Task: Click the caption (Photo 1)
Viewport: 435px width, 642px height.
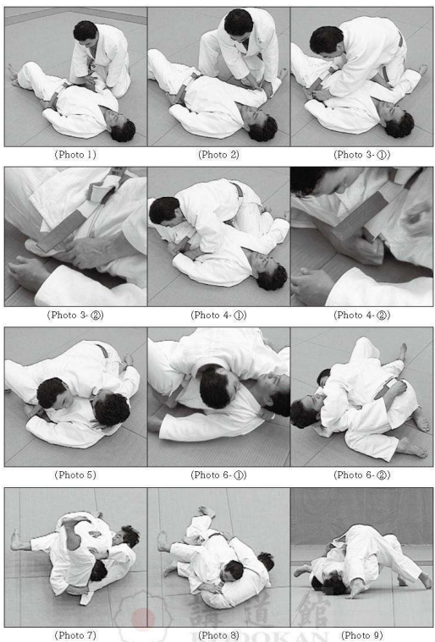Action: click(x=75, y=155)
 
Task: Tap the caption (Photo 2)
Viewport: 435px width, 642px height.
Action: click(x=218, y=155)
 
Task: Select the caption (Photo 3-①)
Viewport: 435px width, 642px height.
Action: click(x=361, y=155)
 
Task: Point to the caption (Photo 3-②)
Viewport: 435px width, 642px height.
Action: click(x=75, y=316)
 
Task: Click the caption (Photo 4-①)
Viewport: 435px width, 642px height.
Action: click(x=218, y=316)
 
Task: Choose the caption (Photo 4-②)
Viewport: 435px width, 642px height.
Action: click(x=361, y=316)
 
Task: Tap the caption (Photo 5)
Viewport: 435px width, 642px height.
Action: click(x=75, y=475)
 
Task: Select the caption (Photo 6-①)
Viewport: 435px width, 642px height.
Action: click(x=218, y=475)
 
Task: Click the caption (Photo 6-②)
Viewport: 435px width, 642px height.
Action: click(x=361, y=475)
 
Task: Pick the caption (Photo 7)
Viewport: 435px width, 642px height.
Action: click(x=75, y=635)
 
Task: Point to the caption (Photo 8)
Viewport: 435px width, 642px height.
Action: click(x=218, y=635)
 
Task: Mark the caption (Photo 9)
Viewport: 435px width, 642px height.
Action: click(x=361, y=635)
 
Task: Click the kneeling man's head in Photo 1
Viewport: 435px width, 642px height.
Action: click(x=85, y=31)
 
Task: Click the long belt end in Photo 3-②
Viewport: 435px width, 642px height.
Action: click(x=61, y=230)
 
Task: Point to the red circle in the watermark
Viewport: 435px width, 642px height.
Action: click(x=143, y=618)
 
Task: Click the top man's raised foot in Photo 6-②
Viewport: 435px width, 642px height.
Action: click(x=404, y=352)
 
